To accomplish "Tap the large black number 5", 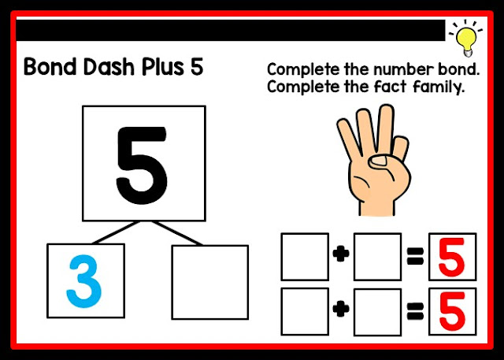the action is point(142,165).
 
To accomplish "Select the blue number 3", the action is point(84,281).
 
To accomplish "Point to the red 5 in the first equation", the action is point(451,257).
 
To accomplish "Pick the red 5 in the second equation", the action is point(451,311).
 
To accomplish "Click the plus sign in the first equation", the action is point(341,254).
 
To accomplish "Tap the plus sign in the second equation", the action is point(341,310).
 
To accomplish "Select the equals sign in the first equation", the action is point(415,256).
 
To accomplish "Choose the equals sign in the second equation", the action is point(415,312).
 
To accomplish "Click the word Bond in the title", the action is point(50,66).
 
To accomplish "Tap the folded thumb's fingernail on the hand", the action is point(380,160).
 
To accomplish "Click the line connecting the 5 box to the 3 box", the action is point(116,232).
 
